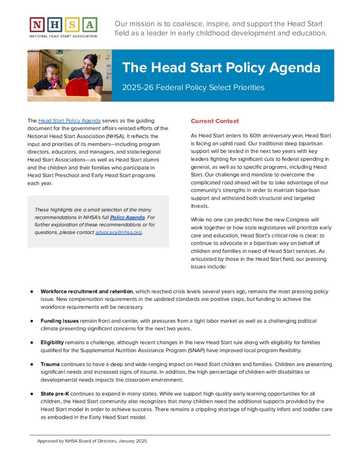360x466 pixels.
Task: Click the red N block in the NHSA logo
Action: point(37,25)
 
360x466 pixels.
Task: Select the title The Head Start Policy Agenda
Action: point(221,68)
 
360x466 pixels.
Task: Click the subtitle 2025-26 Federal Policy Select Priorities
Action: point(193,87)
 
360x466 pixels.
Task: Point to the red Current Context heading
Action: point(215,121)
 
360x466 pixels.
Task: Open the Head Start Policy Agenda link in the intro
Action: point(69,121)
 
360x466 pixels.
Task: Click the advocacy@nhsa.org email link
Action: point(119,232)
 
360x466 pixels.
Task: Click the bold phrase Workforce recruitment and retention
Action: point(86,291)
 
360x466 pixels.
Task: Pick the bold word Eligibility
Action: point(53,342)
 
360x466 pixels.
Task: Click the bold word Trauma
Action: point(50,364)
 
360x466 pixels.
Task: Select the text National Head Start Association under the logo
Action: point(63,35)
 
